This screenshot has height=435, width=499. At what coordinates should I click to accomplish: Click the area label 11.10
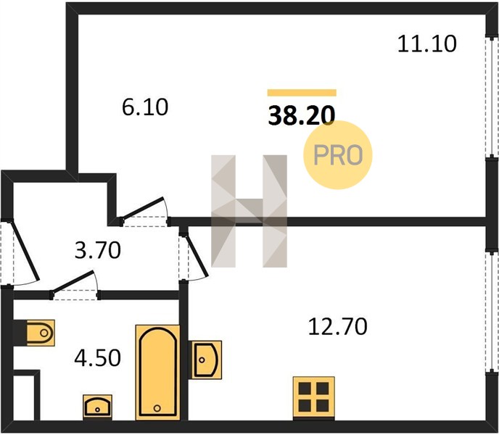(x=426, y=43)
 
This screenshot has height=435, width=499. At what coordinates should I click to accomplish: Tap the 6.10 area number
(x=145, y=107)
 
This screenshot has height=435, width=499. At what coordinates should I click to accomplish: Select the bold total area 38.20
(x=302, y=115)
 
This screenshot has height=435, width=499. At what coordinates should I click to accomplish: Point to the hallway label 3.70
(x=98, y=250)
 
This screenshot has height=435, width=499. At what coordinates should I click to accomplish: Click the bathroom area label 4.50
(x=98, y=357)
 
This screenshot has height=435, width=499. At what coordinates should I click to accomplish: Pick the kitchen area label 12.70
(x=338, y=326)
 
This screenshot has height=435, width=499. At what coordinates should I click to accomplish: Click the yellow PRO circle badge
(x=338, y=155)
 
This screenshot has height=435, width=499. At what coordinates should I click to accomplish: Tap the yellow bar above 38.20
(x=302, y=93)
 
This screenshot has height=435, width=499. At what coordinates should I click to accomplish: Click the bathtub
(x=157, y=372)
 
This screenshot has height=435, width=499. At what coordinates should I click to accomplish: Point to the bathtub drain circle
(x=157, y=408)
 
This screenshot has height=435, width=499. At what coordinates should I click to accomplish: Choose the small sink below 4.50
(x=97, y=406)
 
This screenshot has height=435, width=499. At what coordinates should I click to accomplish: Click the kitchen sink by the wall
(x=206, y=360)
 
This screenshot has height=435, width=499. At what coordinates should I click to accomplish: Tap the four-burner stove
(x=314, y=397)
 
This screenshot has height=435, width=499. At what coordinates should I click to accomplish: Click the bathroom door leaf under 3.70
(x=73, y=281)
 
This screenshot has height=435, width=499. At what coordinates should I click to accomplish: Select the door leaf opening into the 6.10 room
(x=143, y=208)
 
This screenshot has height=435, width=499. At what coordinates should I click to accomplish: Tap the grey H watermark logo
(x=249, y=211)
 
